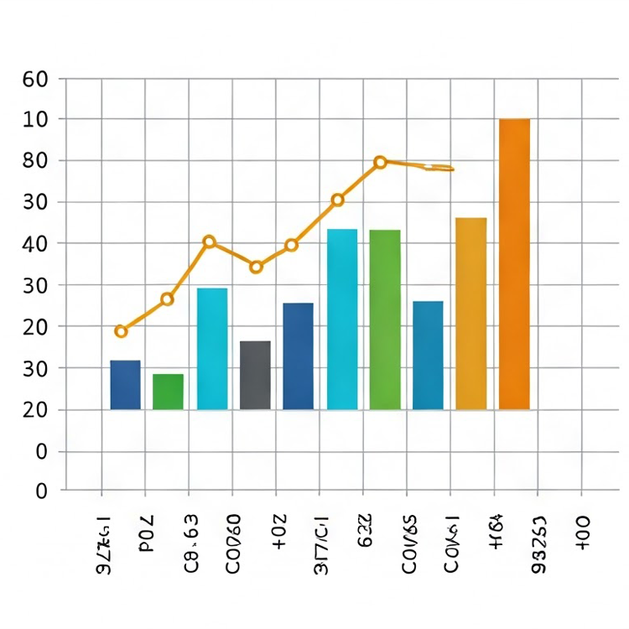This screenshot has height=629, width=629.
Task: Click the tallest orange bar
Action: (514, 264)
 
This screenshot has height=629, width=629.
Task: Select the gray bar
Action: (255, 375)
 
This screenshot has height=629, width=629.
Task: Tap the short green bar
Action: (168, 392)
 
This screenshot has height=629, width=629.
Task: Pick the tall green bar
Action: (385, 320)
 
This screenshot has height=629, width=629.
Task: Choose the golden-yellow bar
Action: (470, 314)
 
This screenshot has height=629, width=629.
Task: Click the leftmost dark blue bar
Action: (125, 385)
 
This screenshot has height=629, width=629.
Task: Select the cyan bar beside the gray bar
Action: (212, 349)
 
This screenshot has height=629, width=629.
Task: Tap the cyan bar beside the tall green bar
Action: (342, 320)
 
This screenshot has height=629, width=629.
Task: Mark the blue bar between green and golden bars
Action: (428, 355)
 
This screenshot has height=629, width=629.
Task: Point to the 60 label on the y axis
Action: (35, 80)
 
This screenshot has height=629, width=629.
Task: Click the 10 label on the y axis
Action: (35, 120)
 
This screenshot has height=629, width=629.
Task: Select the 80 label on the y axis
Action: (35, 160)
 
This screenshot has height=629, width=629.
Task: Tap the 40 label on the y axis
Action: (35, 243)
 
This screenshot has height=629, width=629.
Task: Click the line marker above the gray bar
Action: (256, 267)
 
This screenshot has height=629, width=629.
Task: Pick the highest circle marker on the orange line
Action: (380, 162)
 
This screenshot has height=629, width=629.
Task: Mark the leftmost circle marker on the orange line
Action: (121, 331)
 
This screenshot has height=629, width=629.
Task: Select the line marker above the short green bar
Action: (167, 299)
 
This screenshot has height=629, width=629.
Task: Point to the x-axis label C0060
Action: (234, 543)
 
